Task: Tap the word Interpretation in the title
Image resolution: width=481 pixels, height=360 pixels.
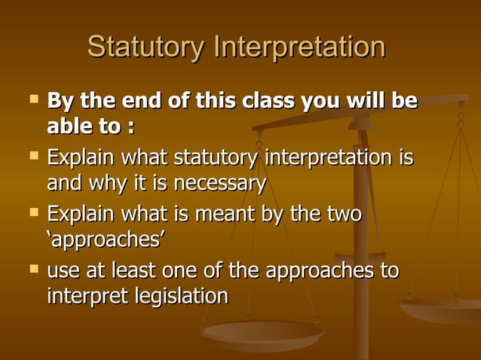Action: coord(300,47)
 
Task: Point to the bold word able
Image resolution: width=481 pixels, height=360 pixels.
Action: coord(73,126)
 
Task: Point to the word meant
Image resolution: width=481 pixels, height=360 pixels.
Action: coord(226,215)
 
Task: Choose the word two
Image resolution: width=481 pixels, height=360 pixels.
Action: coord(343,215)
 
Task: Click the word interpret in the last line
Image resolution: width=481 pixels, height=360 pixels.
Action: coord(81,296)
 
